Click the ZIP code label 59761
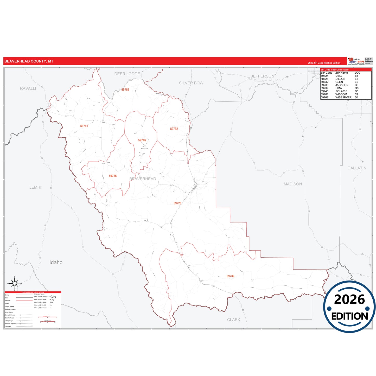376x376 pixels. click(x=84, y=126)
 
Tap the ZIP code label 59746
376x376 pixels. click(x=142, y=140)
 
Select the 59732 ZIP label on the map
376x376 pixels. click(x=174, y=129)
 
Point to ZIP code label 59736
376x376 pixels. click(x=113, y=176)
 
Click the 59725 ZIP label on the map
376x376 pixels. click(x=177, y=203)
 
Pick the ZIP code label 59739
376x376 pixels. click(x=230, y=276)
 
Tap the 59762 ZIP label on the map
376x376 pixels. click(x=125, y=90)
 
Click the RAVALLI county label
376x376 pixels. click(x=28, y=88)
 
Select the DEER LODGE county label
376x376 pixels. click(x=127, y=74)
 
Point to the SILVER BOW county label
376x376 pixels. click(x=191, y=83)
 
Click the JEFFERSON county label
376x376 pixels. click(x=263, y=76)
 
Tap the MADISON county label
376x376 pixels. click(x=293, y=184)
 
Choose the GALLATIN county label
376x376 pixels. click(x=357, y=168)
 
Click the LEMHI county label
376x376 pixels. click(x=35, y=187)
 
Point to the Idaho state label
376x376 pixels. click(x=56, y=262)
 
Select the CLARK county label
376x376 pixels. click(x=234, y=320)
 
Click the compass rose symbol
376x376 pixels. click(x=15, y=283)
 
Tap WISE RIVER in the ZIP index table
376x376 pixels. click(x=343, y=98)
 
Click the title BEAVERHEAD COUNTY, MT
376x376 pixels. click(x=29, y=61)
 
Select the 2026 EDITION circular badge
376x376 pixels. click(x=349, y=307)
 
